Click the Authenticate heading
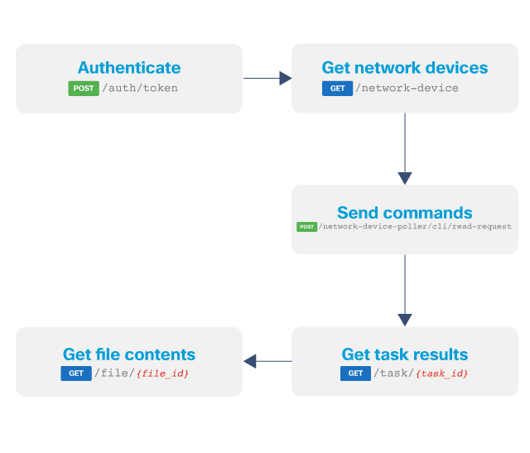[128, 68]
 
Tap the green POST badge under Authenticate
[84, 88]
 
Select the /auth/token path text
[139, 88]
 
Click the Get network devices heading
[404, 68]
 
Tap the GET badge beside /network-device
[337, 88]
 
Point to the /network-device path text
[407, 88]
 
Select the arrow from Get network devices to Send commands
[404, 149]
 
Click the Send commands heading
[404, 213]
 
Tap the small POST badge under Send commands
[306, 227]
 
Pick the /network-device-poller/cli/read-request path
[416, 227]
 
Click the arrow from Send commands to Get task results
[404, 290]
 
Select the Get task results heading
[404, 354]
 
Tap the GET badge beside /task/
[355, 373]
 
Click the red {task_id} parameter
[441, 373]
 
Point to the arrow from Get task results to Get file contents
[267, 361]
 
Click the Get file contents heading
[128, 354]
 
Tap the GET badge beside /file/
[76, 373]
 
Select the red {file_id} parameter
[162, 373]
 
